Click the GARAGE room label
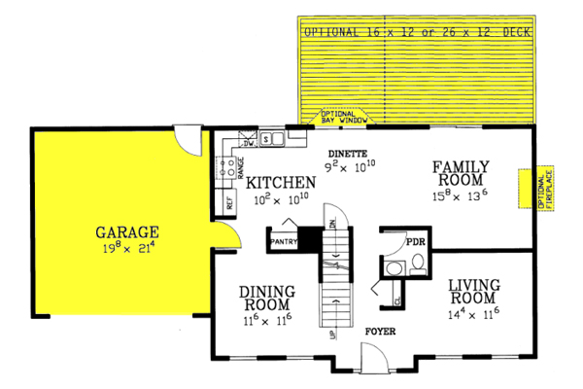tap(126, 232)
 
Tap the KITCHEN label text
tap(280, 182)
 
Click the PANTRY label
tap(282, 239)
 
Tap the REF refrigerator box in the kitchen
tap(228, 203)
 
